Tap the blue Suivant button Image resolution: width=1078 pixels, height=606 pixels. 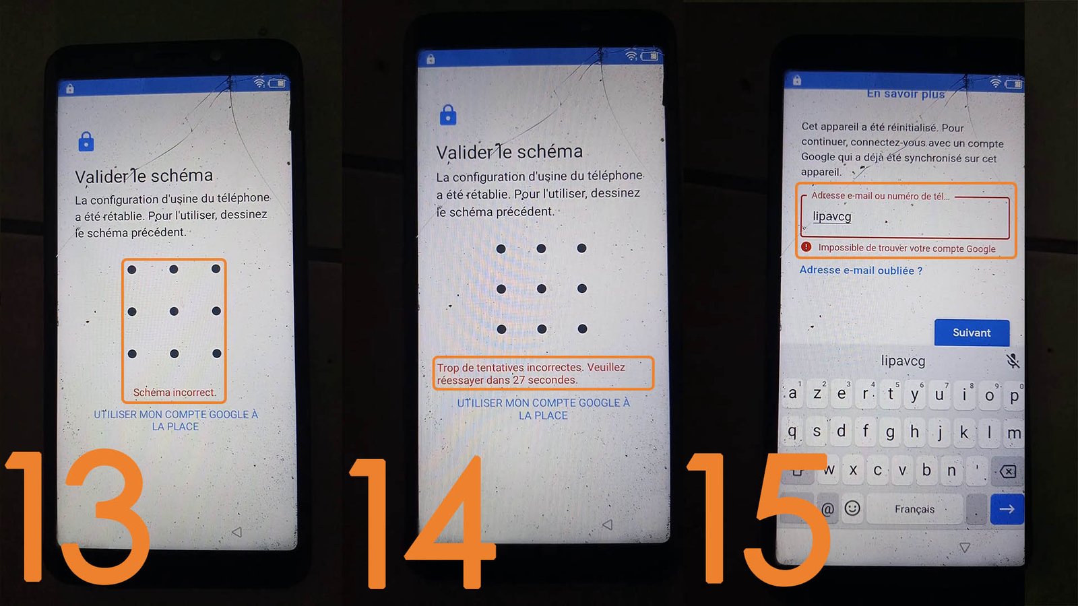coord(972,333)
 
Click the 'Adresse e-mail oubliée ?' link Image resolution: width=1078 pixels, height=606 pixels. coord(861,270)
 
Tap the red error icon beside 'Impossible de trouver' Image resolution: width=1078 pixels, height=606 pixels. coord(806,247)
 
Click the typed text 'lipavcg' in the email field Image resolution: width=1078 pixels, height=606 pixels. coord(832,216)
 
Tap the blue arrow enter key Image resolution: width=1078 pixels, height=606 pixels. coord(1007,509)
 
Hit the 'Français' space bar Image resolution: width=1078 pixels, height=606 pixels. coord(915,509)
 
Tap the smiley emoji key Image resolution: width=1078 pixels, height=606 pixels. coord(852,508)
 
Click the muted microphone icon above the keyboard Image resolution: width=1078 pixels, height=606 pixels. coord(1013,361)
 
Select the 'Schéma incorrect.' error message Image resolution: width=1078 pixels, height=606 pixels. coord(175,393)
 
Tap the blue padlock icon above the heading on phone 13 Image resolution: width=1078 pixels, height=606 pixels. coord(86,141)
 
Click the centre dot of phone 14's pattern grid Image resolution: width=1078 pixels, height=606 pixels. coord(542,289)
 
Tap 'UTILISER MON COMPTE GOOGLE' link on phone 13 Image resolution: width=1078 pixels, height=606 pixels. coord(176,420)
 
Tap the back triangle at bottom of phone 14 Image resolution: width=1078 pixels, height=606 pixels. coord(607,525)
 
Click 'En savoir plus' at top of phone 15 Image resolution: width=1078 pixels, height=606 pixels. coord(906,94)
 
